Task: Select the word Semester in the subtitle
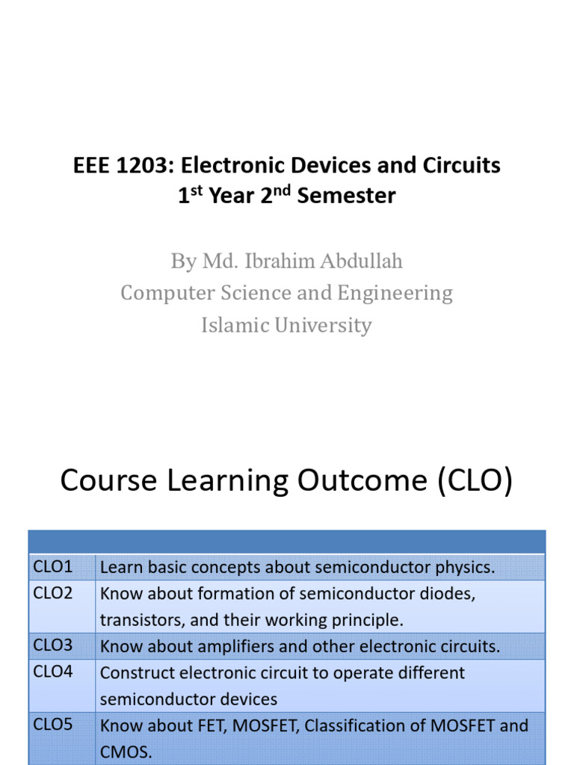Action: [x=347, y=196]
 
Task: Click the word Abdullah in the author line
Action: [x=363, y=261]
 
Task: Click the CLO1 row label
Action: [x=52, y=567]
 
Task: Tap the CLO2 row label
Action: [x=52, y=593]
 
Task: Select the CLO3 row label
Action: [x=52, y=645]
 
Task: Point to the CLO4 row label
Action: [x=52, y=672]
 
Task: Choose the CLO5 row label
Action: [x=52, y=725]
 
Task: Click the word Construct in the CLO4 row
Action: [x=132, y=672]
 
